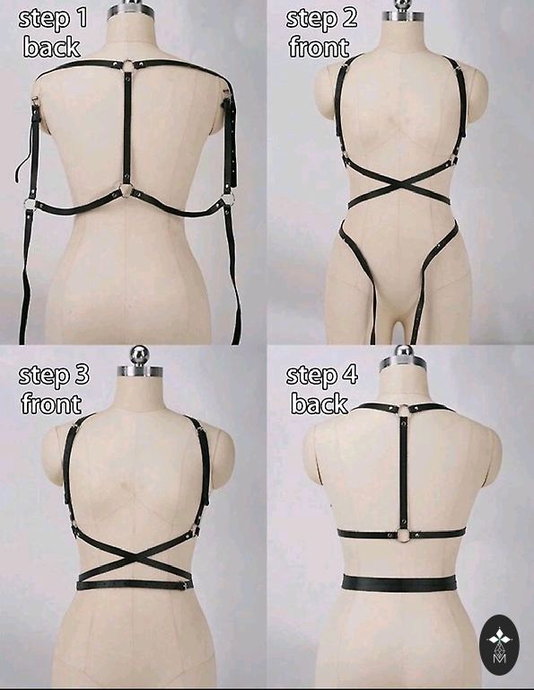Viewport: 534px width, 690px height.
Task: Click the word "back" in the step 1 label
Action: click(52, 47)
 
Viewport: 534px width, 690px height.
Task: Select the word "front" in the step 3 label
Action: click(51, 403)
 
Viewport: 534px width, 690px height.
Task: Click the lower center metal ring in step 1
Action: click(127, 191)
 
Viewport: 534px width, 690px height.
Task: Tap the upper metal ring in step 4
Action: click(404, 410)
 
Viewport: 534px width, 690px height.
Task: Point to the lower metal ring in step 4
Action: click(403, 535)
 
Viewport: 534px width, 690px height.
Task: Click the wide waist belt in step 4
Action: click(399, 583)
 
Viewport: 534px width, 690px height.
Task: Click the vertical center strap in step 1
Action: click(127, 128)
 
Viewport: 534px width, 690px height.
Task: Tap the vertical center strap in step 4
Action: click(404, 473)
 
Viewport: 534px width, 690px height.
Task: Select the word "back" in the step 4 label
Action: click(320, 403)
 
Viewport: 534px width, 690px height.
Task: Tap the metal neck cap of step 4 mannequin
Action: click(403, 362)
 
